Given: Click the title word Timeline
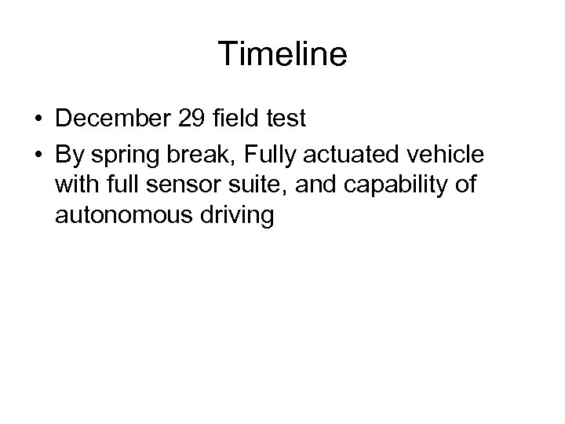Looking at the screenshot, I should [282, 54].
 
